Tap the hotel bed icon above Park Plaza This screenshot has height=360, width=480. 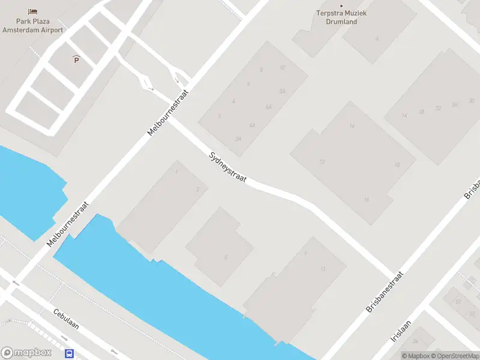32,11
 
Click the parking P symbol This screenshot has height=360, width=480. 76,59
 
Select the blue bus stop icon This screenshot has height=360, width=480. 70,354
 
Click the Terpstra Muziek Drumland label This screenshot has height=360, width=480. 341,17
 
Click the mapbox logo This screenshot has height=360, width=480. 26,353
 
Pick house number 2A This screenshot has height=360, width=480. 238,139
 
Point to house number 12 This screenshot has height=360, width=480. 322,162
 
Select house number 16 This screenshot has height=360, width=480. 366,199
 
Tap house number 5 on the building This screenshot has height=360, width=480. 226,257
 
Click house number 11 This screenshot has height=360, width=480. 323,269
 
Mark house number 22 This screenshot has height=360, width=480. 438,108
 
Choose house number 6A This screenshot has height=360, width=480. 269,107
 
